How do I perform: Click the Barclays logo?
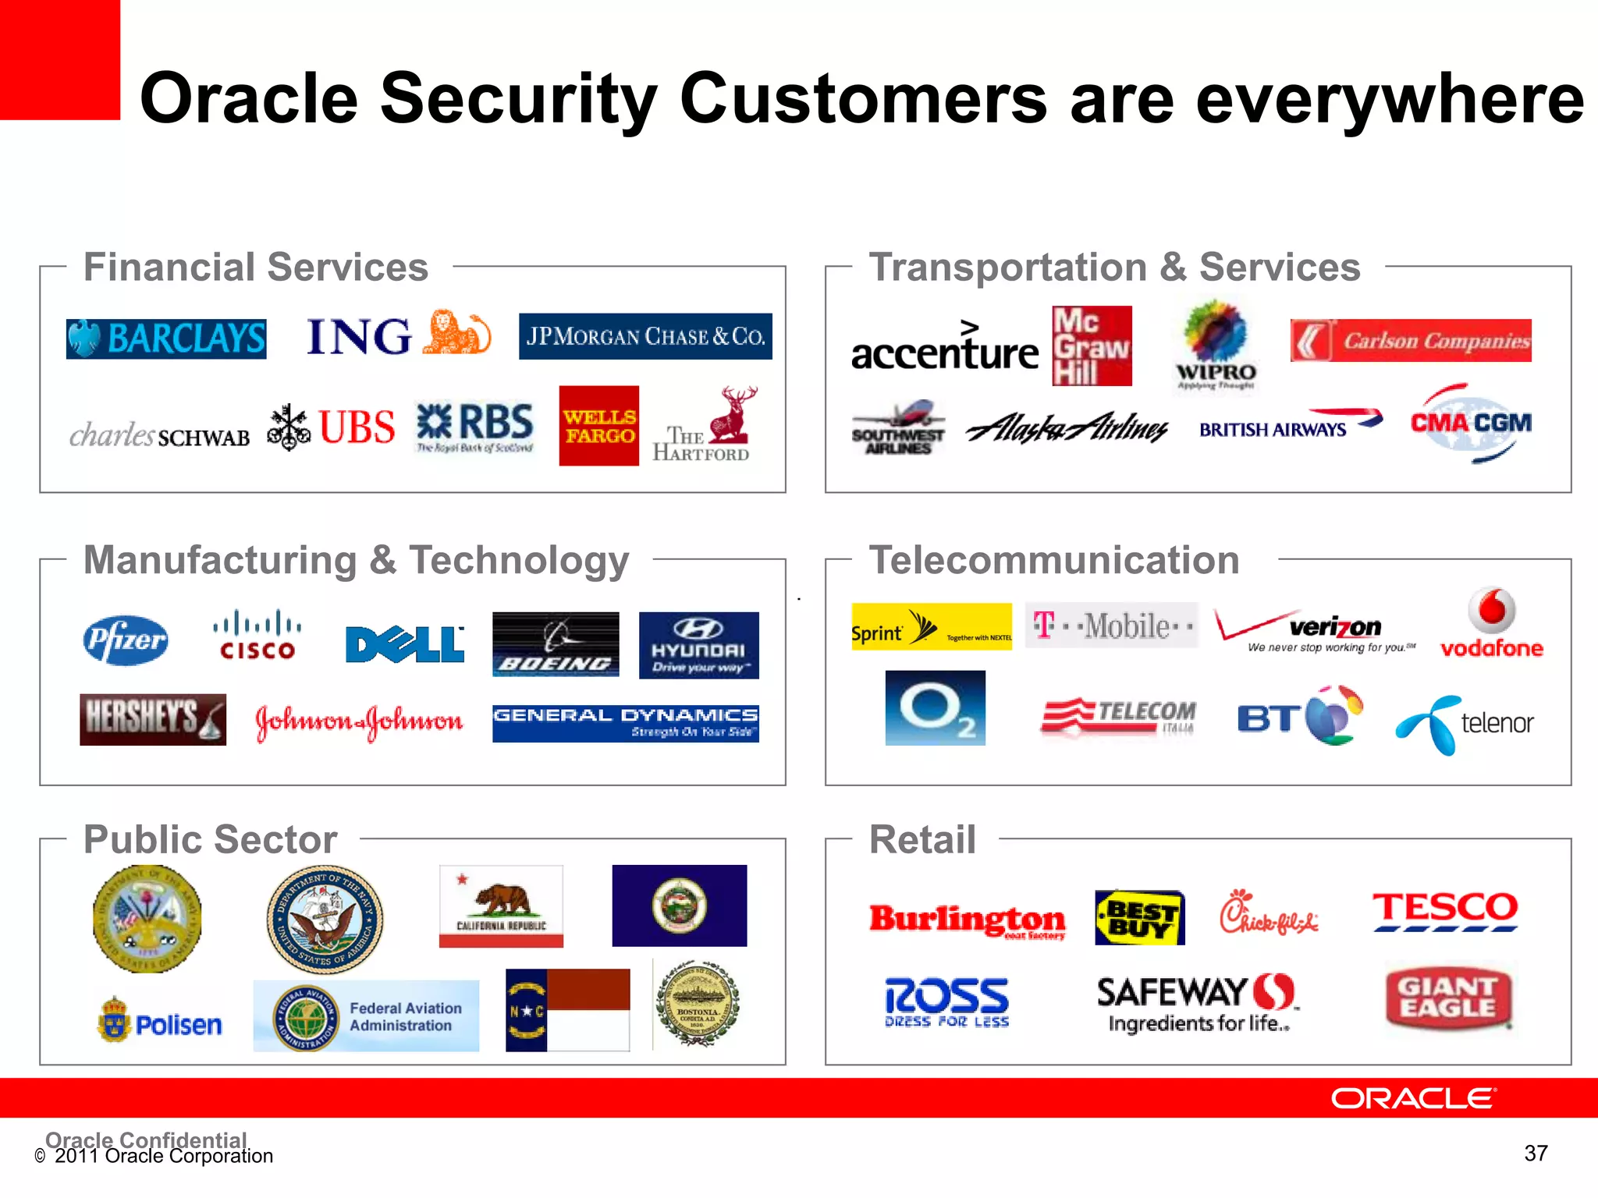(166, 338)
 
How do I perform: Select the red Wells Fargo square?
(598, 426)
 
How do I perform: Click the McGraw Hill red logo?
(1092, 346)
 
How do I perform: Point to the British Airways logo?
(1290, 426)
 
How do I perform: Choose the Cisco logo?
(257, 636)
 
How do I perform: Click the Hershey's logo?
(153, 719)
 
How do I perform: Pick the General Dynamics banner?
(625, 722)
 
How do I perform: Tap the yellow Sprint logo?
(931, 626)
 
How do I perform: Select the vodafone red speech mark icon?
(1491, 610)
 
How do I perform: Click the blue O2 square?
(935, 707)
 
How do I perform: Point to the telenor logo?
(1465, 724)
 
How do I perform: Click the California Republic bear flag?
(501, 906)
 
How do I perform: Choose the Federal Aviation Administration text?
(405, 1016)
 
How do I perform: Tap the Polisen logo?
(160, 1021)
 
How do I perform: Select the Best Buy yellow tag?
(1139, 918)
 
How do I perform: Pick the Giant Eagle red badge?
(1448, 998)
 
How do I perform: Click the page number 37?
(1535, 1153)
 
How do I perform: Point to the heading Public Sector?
(210, 839)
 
